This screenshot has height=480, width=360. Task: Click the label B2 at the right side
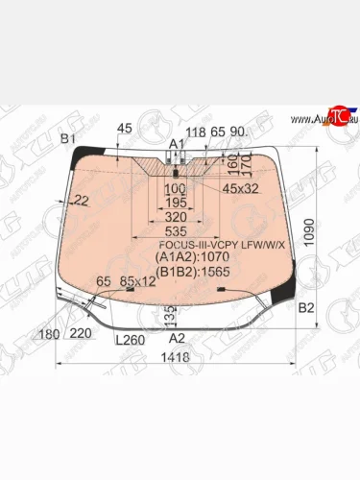(x=306, y=308)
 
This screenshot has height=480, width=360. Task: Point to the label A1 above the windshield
(x=177, y=142)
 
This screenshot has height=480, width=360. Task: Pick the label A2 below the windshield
(x=177, y=339)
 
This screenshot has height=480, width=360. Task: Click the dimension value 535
(x=176, y=231)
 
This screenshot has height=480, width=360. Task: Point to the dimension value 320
(x=176, y=217)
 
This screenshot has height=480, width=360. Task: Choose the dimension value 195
(x=176, y=203)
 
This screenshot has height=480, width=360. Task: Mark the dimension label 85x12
(x=138, y=281)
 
